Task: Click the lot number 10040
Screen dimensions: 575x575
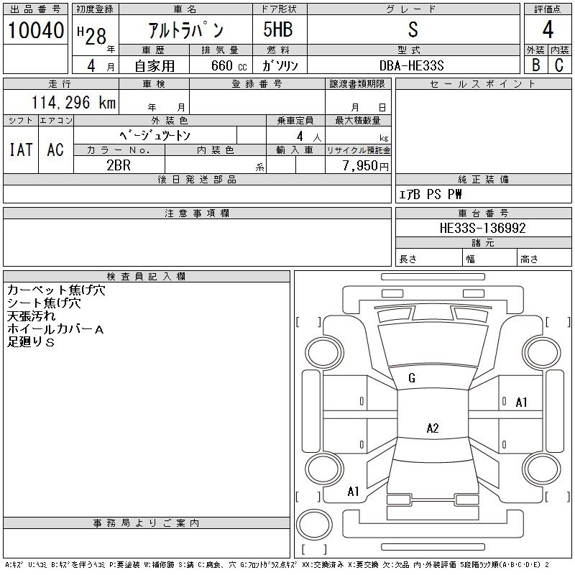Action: [x=35, y=30]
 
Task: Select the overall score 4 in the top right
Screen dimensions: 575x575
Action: [x=548, y=30]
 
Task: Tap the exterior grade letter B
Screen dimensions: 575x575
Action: [x=535, y=65]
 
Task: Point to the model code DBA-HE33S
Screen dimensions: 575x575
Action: [x=412, y=65]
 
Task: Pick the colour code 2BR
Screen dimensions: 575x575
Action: [x=119, y=165]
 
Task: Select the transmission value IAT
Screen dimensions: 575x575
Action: [x=20, y=149]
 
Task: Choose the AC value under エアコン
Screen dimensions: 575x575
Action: [x=55, y=149]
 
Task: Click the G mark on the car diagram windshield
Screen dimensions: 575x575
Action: [x=412, y=378]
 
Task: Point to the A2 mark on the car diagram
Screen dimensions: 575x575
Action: [x=433, y=428]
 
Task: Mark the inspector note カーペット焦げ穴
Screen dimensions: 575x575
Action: [x=56, y=290]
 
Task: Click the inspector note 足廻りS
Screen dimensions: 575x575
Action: [x=31, y=342]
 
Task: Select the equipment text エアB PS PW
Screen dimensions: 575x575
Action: [x=431, y=195]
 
